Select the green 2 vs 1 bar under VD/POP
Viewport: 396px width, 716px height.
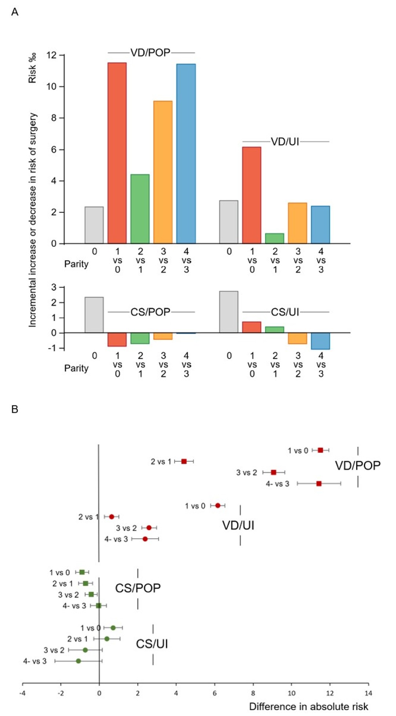140,209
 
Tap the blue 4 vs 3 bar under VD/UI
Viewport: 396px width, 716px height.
320,225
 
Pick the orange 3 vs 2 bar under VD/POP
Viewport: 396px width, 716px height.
163,172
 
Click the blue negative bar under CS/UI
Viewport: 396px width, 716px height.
320,341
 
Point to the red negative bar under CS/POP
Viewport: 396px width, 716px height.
117,340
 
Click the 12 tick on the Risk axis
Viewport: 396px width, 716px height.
52,55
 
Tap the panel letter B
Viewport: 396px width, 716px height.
15,409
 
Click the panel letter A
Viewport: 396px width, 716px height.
15,12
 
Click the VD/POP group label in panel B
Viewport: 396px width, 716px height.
357,466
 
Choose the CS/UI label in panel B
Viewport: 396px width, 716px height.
152,644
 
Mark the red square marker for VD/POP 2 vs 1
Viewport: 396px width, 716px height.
184,461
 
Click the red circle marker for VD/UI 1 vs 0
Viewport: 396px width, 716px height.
218,506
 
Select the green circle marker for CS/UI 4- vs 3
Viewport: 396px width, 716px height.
78,661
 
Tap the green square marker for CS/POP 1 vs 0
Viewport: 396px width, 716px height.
82,572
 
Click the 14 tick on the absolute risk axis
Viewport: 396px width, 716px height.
368,693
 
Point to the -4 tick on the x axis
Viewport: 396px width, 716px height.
22,693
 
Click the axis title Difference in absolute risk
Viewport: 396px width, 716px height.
308,706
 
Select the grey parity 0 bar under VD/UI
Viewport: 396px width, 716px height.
228,222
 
